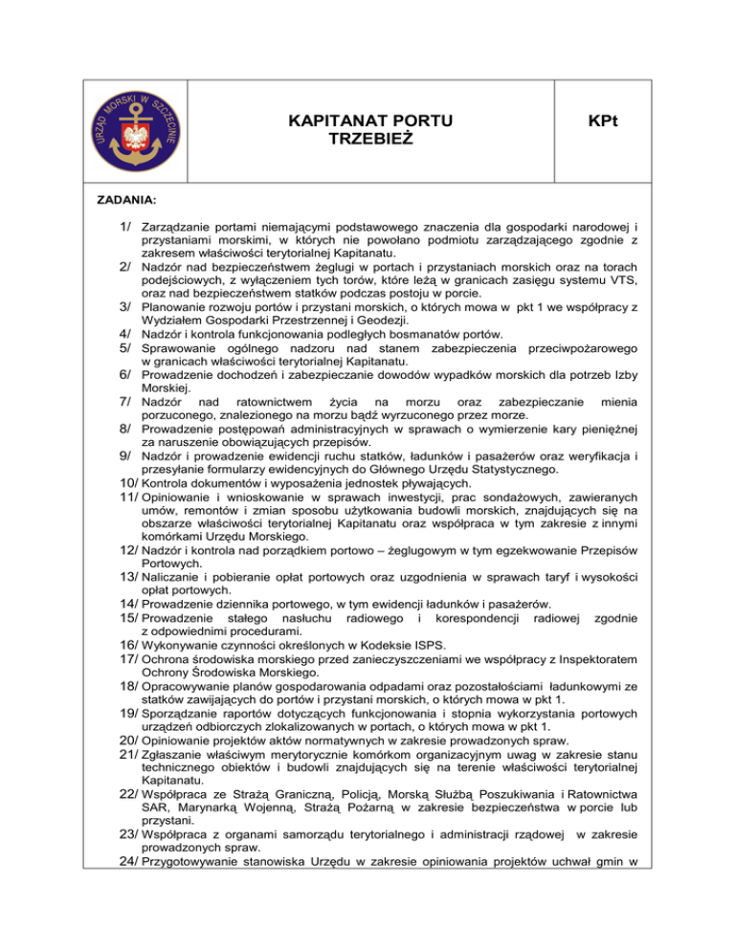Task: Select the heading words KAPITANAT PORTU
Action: click(369, 122)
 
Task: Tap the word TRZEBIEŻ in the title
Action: click(369, 139)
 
